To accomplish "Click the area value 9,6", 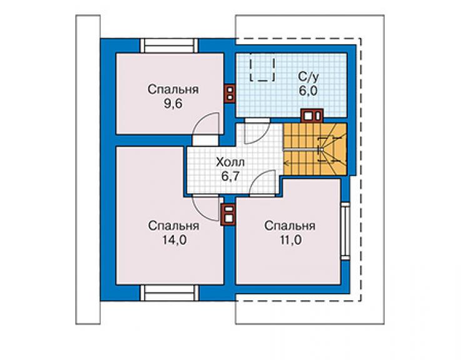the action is (173, 104).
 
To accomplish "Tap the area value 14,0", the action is (174, 240).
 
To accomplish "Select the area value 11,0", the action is (290, 240).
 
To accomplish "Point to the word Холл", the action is (230, 162).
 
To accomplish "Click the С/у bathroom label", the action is (308, 77).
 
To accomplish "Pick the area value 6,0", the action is (308, 91).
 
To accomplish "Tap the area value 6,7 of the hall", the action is (230, 177).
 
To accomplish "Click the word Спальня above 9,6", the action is (173, 90).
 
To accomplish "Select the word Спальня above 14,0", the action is (174, 226).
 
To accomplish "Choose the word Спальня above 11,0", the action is (290, 226).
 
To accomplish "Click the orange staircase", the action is (315, 149).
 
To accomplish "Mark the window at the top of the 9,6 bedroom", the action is (169, 46).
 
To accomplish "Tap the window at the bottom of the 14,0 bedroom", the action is (169, 293).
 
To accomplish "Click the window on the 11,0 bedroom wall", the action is (345, 231).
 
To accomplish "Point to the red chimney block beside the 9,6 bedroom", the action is (230, 93).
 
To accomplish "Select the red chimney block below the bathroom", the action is (312, 116).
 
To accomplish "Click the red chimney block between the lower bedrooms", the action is (229, 215).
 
